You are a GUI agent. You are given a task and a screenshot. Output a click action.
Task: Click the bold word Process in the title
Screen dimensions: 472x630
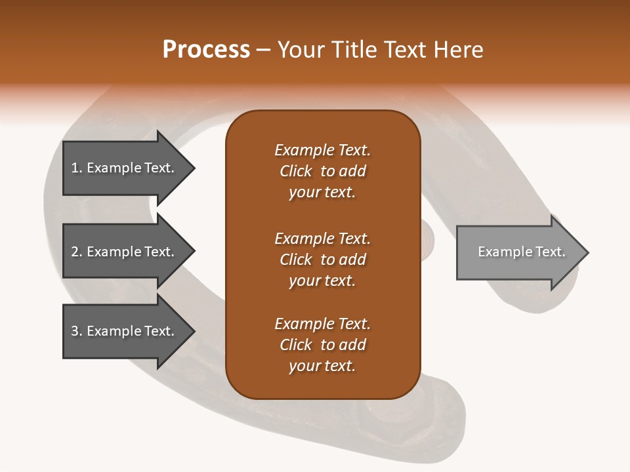point(206,50)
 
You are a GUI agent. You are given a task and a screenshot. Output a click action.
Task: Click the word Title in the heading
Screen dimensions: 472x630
point(353,50)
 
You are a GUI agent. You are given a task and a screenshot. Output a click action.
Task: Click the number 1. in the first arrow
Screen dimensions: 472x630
point(77,168)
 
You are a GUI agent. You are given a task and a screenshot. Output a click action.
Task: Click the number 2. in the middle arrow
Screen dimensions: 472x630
point(77,252)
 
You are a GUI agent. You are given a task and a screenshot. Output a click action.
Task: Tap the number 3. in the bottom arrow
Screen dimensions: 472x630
point(77,331)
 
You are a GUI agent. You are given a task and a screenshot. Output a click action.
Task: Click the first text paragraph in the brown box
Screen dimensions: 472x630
point(322,171)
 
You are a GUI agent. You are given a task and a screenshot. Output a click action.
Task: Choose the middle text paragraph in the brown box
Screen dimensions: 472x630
point(322,260)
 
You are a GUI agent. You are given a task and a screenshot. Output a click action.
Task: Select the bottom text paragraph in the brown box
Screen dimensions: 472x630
point(322,345)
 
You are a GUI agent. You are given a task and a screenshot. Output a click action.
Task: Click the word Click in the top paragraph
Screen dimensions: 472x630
point(295,171)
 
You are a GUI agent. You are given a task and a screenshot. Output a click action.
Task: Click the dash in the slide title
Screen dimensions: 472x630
point(263,50)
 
